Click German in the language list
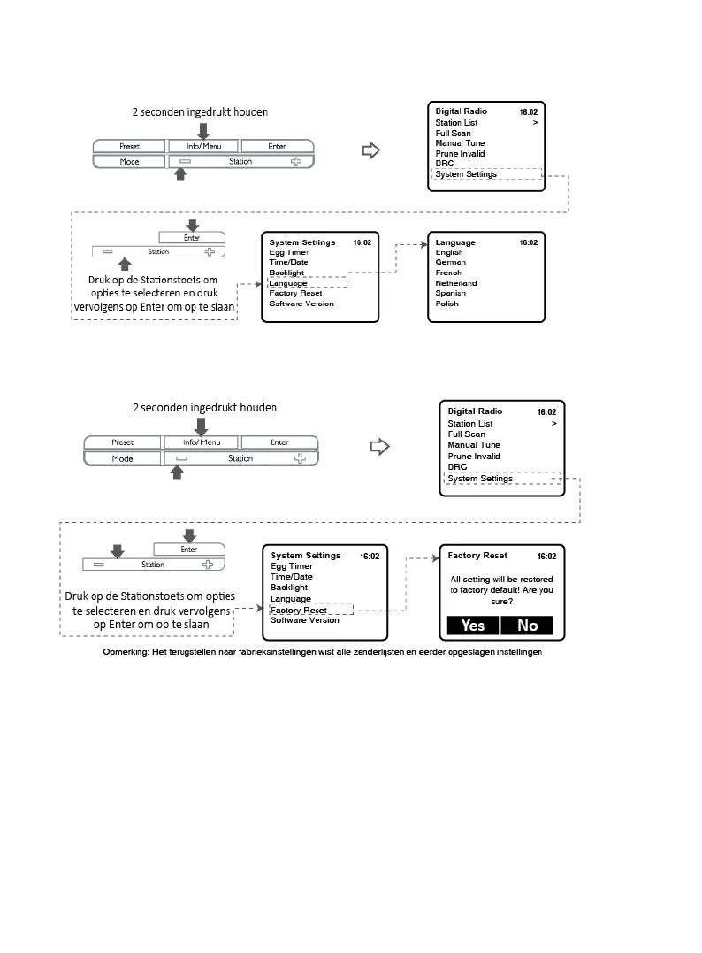pos(451,263)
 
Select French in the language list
pos(449,273)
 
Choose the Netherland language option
pos(456,283)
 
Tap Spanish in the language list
pos(451,293)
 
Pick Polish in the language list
pos(447,304)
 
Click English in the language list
pos(449,252)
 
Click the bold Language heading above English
pos(455,242)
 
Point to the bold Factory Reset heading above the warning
pos(477,556)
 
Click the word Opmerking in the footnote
pos(127,653)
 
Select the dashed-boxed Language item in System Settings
pos(290,283)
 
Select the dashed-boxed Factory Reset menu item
pos(299,611)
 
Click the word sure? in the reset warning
pos(500,601)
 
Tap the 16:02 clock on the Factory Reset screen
pos(546,557)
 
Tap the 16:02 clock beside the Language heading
pos(528,242)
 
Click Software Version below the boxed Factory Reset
pos(304,620)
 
